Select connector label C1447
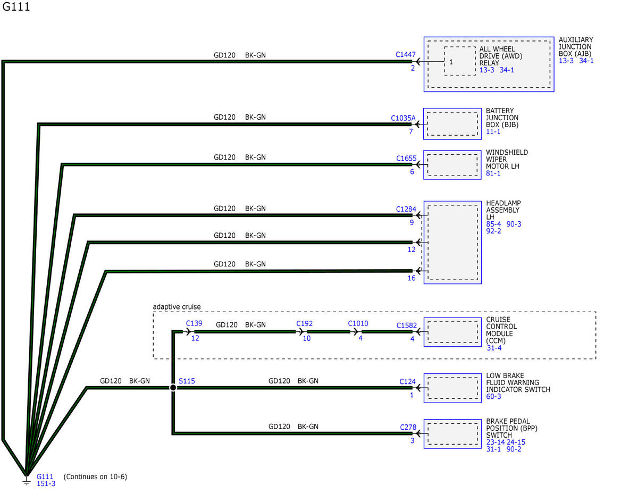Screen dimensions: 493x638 pos(406,54)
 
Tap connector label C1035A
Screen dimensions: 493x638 pos(403,118)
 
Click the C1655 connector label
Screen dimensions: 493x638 pos(406,158)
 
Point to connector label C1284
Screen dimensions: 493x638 pos(406,209)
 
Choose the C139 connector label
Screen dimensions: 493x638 pos(194,323)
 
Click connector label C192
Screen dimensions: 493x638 pos(305,323)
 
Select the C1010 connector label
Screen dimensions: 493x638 pos(358,323)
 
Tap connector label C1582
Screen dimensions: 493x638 pos(407,325)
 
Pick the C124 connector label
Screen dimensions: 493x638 pos(408,381)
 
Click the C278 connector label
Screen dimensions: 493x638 pos(408,427)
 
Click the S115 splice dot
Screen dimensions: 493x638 pos(173,388)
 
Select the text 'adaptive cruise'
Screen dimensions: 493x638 pos(177,307)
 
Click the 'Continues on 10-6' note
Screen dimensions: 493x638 pos(95,477)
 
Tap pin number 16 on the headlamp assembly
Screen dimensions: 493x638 pos(412,278)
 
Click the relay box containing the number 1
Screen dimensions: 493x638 pos(459,61)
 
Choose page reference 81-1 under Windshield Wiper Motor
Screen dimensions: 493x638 pos(493,173)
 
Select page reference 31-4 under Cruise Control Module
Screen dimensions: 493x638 pos(494,348)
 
